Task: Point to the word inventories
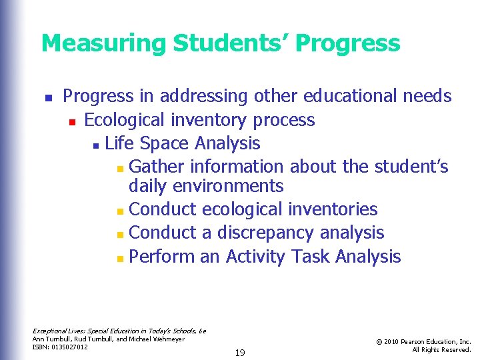tap(333, 209)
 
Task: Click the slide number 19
tap(240, 353)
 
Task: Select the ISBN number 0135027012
tap(70, 347)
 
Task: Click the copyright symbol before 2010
tap(379, 341)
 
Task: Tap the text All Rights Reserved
tap(441, 349)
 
